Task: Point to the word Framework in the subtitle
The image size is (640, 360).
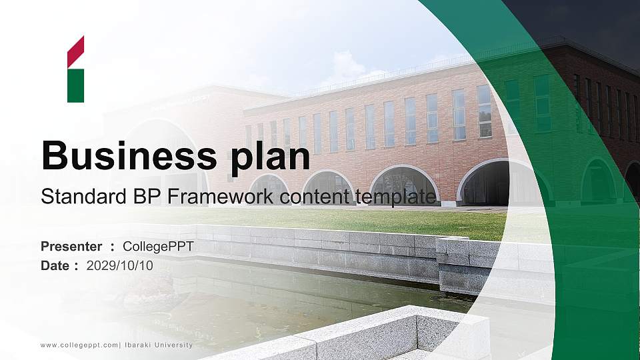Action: (x=213, y=197)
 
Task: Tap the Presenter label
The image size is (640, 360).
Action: (x=71, y=247)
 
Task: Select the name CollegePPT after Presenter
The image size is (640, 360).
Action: (x=158, y=247)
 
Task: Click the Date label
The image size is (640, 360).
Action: (x=55, y=265)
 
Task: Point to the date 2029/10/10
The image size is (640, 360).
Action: (x=120, y=265)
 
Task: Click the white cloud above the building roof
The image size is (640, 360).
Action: (x=347, y=67)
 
